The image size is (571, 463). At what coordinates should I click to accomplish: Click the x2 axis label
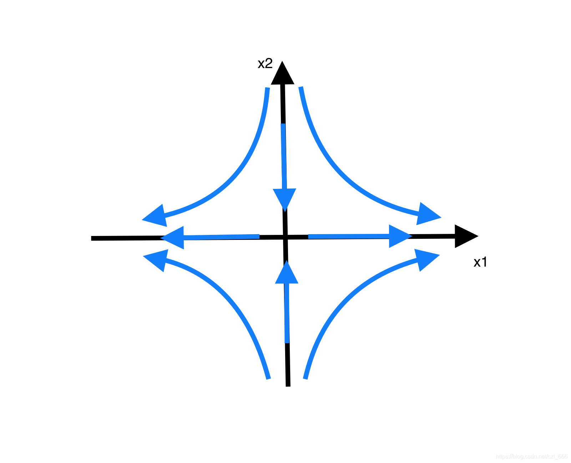pyautogui.click(x=265, y=63)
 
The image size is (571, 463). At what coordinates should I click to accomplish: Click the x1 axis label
pyautogui.click(x=480, y=262)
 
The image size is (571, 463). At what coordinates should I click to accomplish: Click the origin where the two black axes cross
pyautogui.click(x=285, y=237)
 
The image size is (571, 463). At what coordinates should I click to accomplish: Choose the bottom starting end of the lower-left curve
pyautogui.click(x=269, y=378)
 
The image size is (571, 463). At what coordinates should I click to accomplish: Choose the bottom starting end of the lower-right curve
pyautogui.click(x=305, y=378)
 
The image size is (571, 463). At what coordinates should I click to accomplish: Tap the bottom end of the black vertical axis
pyautogui.click(x=288, y=385)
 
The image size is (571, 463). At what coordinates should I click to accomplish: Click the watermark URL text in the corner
pyautogui.click(x=531, y=457)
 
